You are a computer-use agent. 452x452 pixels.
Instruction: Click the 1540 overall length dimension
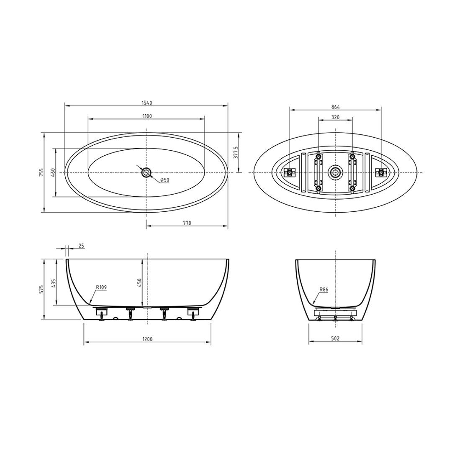tap(146, 103)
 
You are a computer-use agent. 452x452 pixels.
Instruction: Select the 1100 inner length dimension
tap(146, 116)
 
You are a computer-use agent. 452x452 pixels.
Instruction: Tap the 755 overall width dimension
tap(41, 172)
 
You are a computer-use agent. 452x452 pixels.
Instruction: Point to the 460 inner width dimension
tap(53, 172)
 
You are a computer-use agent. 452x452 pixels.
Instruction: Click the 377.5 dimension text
tap(236, 153)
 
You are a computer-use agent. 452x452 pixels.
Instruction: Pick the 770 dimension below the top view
tap(187, 223)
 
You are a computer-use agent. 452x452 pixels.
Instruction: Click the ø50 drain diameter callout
tap(164, 180)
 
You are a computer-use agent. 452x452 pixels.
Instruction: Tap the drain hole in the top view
tap(146, 172)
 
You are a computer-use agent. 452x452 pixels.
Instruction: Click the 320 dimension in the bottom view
tap(335, 117)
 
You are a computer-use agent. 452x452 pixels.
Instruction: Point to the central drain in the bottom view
tap(335, 172)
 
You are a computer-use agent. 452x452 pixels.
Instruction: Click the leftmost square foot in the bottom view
tap(290, 172)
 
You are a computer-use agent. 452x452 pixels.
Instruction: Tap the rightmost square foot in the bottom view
tap(381, 172)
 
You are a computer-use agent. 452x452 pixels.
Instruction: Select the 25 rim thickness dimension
tap(81, 246)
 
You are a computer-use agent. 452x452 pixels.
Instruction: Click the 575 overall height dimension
tap(41, 289)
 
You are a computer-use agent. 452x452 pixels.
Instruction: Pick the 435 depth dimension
tap(53, 282)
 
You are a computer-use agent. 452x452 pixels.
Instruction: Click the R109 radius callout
tap(101, 288)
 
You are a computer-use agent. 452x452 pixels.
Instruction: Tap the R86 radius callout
tap(323, 289)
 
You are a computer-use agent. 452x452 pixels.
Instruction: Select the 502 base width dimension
tap(335, 339)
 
